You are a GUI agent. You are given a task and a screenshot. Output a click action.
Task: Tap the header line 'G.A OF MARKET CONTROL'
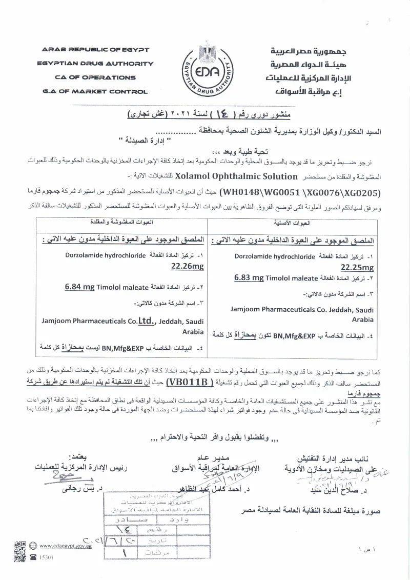point(95,92)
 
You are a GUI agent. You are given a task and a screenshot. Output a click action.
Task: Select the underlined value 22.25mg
point(357,268)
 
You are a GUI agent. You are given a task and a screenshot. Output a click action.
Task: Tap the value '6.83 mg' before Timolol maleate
point(249,278)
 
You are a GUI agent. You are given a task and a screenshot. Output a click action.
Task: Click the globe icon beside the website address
point(33,546)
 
